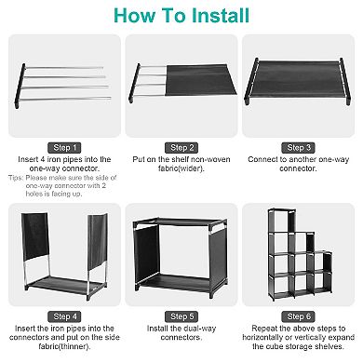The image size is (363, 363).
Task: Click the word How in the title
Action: [x=133, y=16]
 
